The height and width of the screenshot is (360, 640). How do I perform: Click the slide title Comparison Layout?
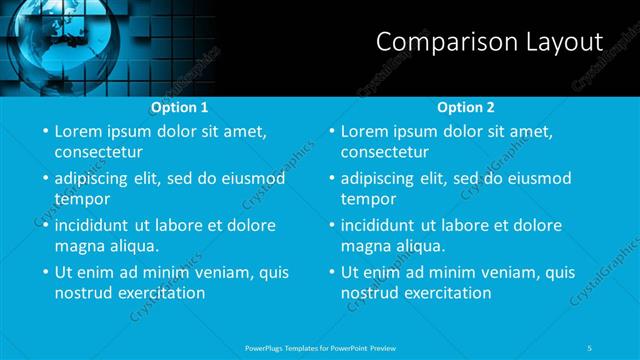point(489,42)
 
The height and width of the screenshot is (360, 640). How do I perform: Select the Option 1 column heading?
point(180,107)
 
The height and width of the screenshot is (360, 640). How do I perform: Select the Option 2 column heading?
point(466,107)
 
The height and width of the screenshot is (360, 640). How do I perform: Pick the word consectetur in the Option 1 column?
point(98,153)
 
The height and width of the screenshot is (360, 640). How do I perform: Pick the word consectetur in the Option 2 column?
point(384,153)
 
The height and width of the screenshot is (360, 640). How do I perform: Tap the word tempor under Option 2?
point(369,200)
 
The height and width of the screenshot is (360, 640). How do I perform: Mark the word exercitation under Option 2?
point(445,293)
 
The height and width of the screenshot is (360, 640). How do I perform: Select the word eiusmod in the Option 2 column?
point(538,179)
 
